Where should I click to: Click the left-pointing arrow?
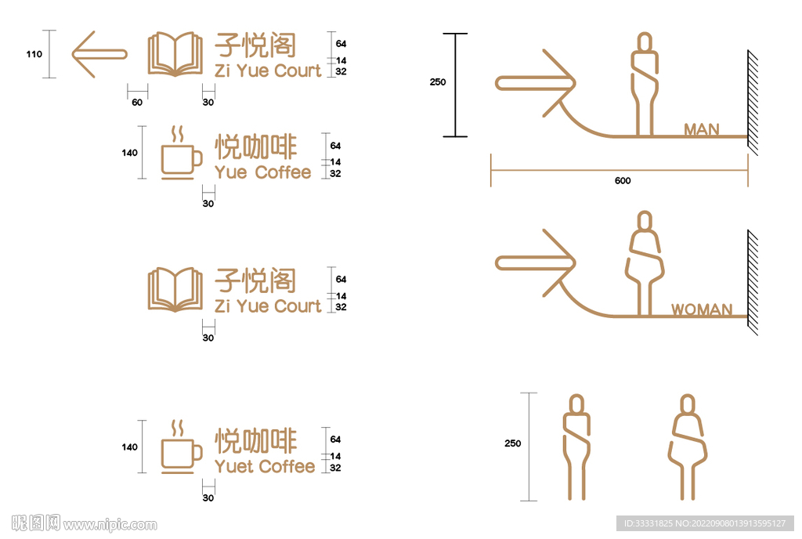coord(99,54)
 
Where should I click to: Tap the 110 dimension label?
coord(34,54)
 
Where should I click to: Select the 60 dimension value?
coord(137,103)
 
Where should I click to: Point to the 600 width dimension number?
coord(623,180)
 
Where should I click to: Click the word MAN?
coord(702,129)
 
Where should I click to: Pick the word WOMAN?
coord(702,309)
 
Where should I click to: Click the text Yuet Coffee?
coord(265,466)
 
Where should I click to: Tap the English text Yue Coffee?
coord(262,172)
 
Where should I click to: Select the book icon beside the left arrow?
coord(175,54)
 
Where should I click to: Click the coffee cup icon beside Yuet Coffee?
coord(181,447)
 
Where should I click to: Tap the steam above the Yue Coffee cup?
coord(178,135)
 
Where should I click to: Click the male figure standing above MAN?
coord(645,85)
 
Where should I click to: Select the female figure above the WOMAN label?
coord(645,263)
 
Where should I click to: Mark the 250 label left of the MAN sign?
coord(438,81)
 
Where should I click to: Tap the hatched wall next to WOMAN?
coord(753,282)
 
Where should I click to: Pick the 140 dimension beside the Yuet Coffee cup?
coord(129,447)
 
